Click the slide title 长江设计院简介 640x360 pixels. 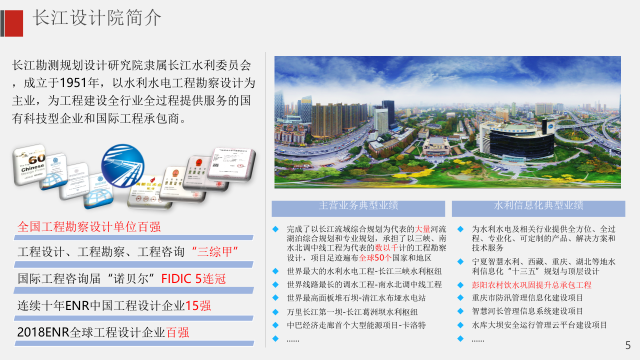[97, 18]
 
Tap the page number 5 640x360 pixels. [628, 345]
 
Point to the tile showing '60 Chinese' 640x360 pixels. [29, 164]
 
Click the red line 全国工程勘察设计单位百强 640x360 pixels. [89, 226]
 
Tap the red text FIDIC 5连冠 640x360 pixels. [193, 278]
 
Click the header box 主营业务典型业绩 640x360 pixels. [358, 205]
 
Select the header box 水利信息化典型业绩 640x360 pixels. [538, 205]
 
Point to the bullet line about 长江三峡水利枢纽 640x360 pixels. [364, 271]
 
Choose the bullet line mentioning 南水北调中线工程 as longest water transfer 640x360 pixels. [364, 284]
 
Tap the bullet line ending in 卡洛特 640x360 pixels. [356, 325]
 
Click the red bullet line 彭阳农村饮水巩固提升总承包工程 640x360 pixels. [531, 285]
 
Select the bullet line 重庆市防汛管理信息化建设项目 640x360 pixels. [527, 298]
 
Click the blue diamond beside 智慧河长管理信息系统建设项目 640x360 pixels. [460, 311]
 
